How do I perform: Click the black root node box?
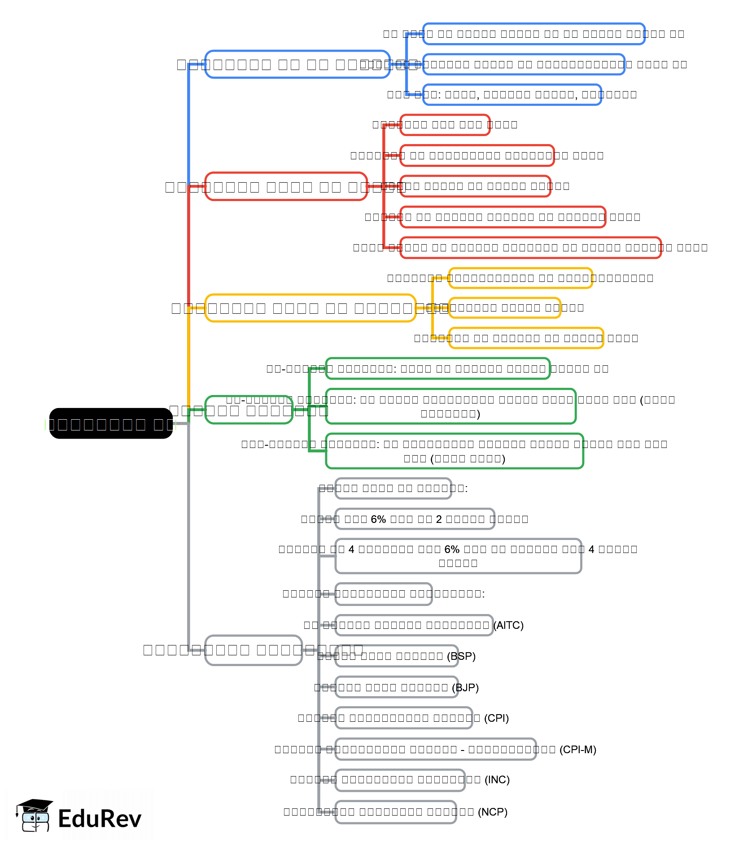[x=111, y=423]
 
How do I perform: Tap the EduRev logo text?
[x=100, y=818]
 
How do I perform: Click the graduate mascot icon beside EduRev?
[x=35, y=816]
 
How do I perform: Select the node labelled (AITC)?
[x=414, y=625]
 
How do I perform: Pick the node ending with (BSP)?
[x=397, y=656]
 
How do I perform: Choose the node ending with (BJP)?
[x=397, y=687]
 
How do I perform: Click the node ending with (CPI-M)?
[x=435, y=749]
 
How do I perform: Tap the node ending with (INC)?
[x=400, y=780]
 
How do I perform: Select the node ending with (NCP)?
[x=396, y=812]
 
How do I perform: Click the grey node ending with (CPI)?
[x=404, y=718]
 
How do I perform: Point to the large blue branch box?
[x=297, y=64]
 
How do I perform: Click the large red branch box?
[x=286, y=186]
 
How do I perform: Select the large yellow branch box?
[x=310, y=308]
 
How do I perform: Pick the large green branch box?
[x=249, y=410]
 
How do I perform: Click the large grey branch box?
[x=254, y=650]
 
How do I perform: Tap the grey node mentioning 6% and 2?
[x=415, y=519]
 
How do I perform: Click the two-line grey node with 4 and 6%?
[x=458, y=556]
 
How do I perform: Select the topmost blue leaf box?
[x=533, y=34]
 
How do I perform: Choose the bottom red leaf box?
[x=530, y=247]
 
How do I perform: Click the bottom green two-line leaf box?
[x=454, y=451]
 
